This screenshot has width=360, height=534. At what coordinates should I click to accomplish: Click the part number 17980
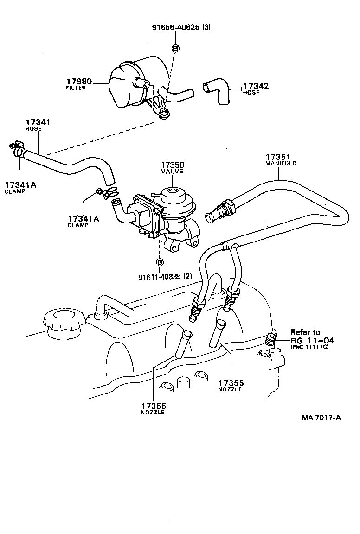point(80,82)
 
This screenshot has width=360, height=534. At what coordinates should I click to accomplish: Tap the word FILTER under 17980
point(76,88)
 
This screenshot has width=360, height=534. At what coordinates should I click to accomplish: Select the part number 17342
point(256,86)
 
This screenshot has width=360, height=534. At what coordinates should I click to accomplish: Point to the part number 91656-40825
point(176,27)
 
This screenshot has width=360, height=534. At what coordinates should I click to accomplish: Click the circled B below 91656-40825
point(176,48)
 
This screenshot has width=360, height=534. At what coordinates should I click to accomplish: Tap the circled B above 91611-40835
point(160,262)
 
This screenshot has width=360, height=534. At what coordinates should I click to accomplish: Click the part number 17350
point(173,165)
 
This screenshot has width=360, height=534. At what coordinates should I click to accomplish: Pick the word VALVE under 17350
point(173,172)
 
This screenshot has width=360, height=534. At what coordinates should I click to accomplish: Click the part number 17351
point(277,157)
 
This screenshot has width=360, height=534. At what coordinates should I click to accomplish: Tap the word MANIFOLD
point(281,163)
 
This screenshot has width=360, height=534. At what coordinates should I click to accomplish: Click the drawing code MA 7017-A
point(321,417)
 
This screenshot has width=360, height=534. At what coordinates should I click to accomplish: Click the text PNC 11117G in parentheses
point(310,347)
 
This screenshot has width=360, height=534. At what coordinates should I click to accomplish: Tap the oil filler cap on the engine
point(62,320)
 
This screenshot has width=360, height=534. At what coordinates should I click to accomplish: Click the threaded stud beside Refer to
point(271,341)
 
